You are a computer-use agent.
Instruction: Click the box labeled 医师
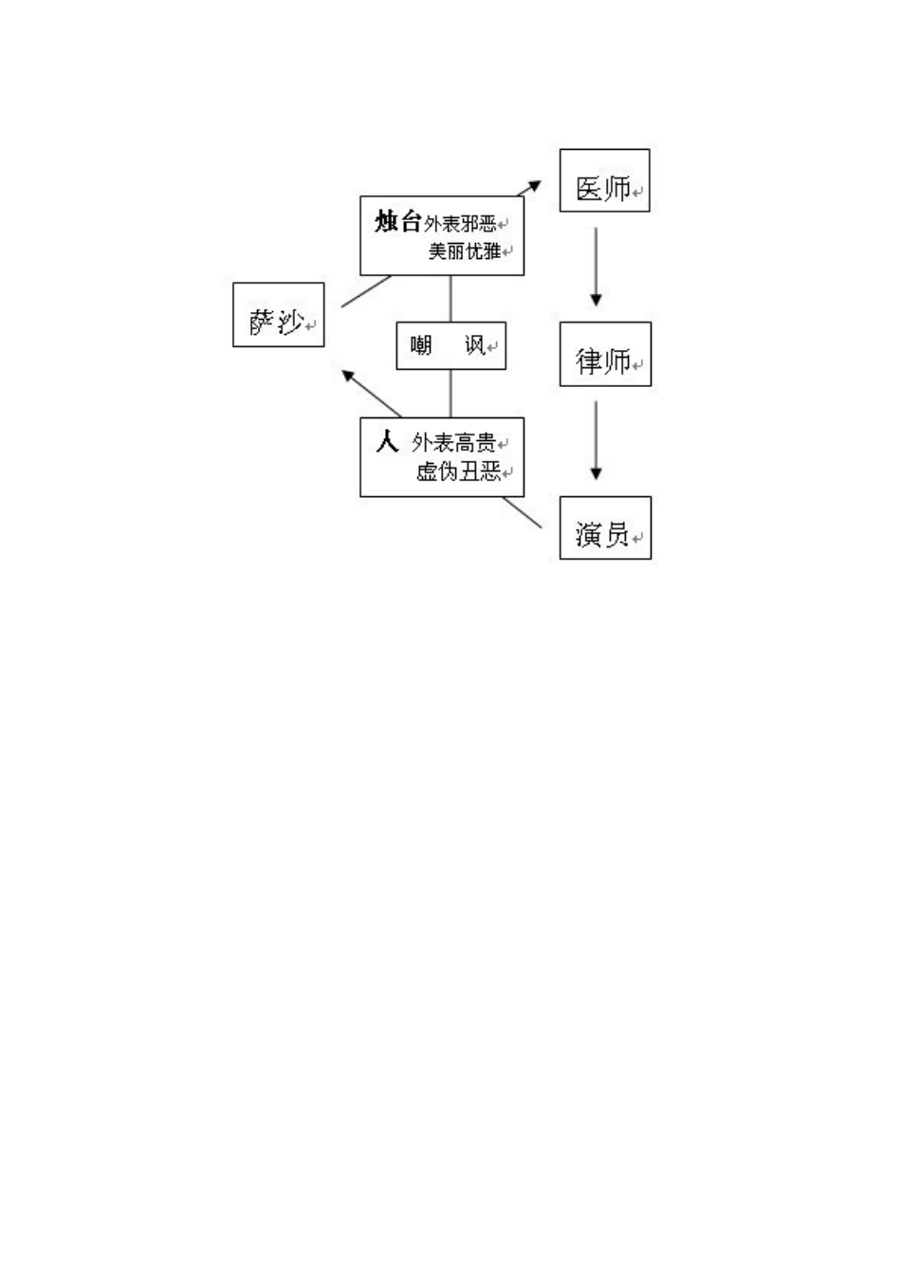(604, 180)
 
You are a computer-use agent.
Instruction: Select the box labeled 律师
(604, 354)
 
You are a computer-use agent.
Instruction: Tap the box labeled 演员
(604, 527)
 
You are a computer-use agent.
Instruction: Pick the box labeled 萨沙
(278, 315)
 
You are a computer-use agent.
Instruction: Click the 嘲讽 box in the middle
(450, 345)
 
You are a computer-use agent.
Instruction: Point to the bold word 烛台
(397, 223)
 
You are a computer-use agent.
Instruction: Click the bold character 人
(387, 442)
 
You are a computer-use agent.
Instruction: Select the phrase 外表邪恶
(461, 224)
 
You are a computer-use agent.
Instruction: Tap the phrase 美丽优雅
(465, 251)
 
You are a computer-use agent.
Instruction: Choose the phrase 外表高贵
(454, 443)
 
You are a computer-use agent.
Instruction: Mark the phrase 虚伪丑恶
(458, 471)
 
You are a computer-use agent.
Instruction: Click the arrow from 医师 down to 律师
(596, 266)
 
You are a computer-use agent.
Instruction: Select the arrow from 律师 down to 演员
(596, 440)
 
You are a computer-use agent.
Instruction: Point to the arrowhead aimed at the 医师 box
(535, 185)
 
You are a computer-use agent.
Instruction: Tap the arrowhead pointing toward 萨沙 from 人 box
(348, 375)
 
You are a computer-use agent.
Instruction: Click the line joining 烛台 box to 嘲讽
(450, 299)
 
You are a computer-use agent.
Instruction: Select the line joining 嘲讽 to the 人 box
(450, 393)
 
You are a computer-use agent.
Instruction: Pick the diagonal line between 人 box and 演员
(523, 512)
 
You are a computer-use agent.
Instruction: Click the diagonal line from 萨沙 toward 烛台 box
(366, 291)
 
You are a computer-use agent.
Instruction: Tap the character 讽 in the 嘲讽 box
(474, 345)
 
